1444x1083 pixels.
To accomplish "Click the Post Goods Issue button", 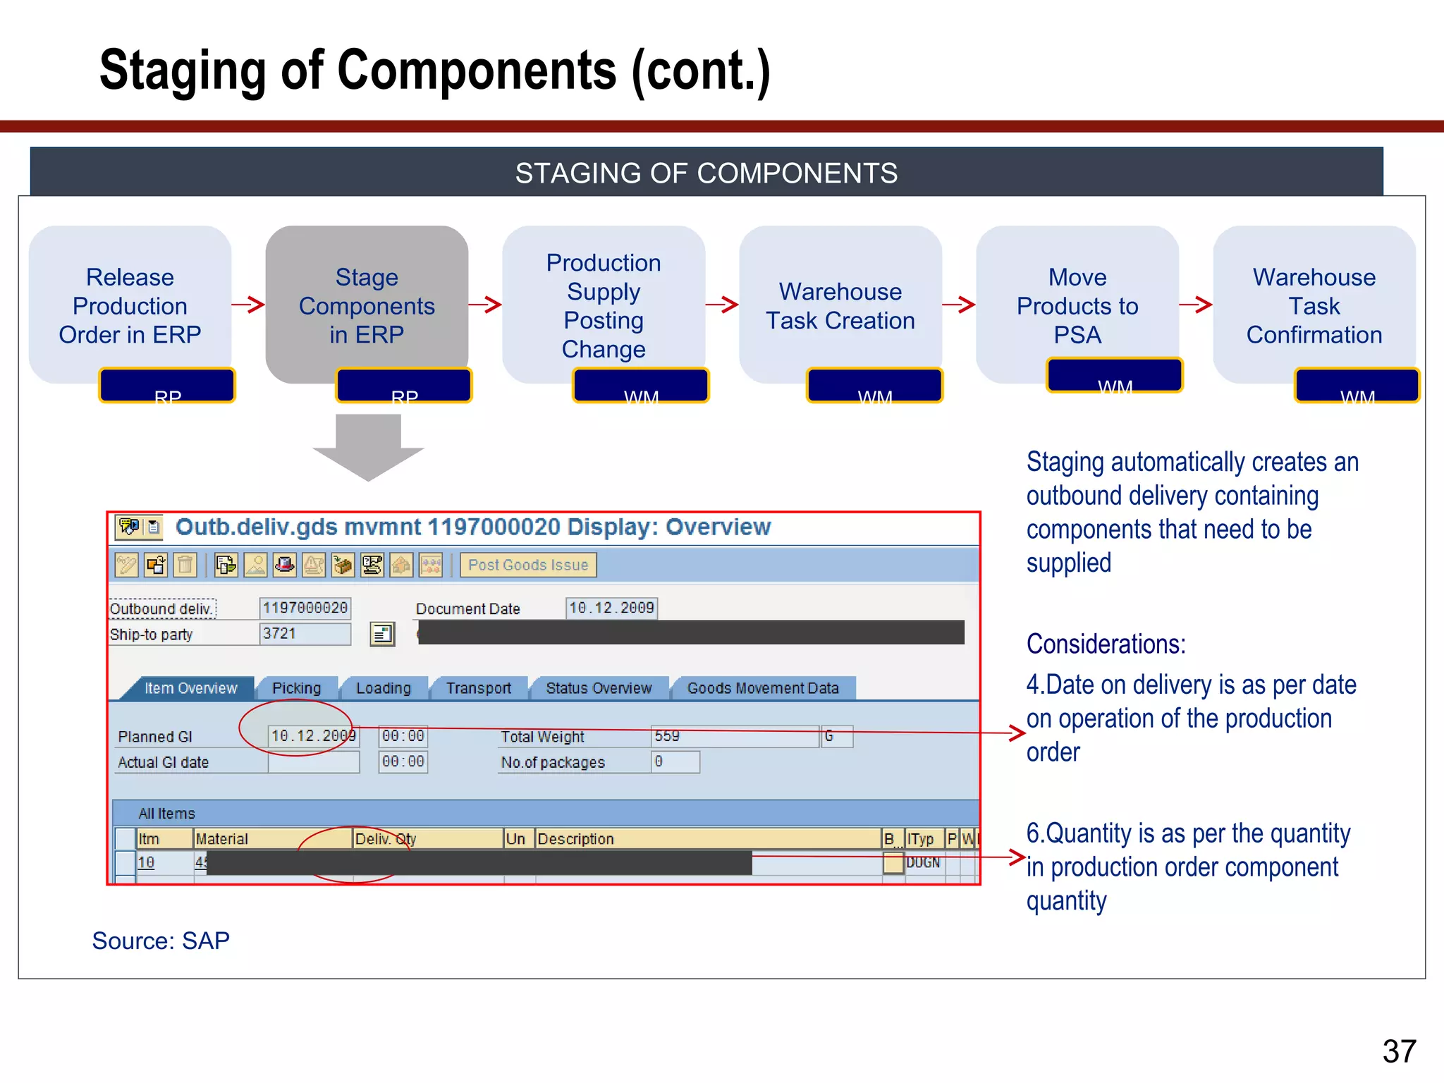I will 527,565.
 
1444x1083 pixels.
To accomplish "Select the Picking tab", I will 296,688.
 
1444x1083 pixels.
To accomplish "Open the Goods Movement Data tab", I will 763,688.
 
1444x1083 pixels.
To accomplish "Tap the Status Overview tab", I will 599,688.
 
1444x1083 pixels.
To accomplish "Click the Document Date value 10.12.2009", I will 611,608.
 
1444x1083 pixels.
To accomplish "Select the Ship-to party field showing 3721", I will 305,634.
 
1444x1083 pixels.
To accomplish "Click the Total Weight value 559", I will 733,737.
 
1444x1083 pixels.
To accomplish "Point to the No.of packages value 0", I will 674,762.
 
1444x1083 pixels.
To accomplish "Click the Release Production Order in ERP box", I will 130,305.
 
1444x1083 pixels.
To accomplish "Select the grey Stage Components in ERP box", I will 367,305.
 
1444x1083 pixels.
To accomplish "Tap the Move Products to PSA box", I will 1077,305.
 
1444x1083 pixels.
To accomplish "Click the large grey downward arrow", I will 368,447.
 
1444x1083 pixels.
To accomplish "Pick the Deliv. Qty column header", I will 427,839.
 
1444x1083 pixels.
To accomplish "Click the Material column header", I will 271,839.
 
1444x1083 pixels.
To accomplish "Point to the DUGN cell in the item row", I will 923,863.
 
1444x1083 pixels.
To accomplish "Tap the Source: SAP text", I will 161,941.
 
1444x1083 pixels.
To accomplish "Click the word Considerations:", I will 1106,644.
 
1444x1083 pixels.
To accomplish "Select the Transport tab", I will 478,688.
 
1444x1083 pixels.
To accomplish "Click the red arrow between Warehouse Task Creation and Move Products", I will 959,305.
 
